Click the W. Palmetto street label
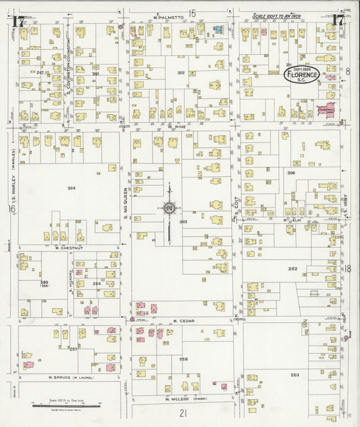tap(168, 16)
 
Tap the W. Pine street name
tap(177, 126)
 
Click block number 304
tap(72, 187)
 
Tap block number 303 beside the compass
tap(183, 221)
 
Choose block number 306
tap(291, 174)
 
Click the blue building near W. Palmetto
tap(217, 30)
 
